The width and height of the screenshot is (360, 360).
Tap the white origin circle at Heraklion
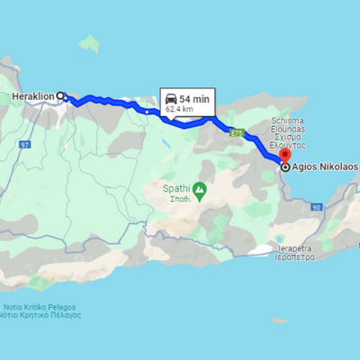[x=61, y=95]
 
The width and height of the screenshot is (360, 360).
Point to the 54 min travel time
[x=195, y=97]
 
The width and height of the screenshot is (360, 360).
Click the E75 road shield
[x=237, y=133]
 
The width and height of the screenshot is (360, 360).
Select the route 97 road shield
[x=24, y=145]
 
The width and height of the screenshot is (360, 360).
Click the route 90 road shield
[x=316, y=208]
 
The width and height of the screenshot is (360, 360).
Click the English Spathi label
[x=175, y=188]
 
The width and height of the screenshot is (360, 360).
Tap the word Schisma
[x=289, y=119]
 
